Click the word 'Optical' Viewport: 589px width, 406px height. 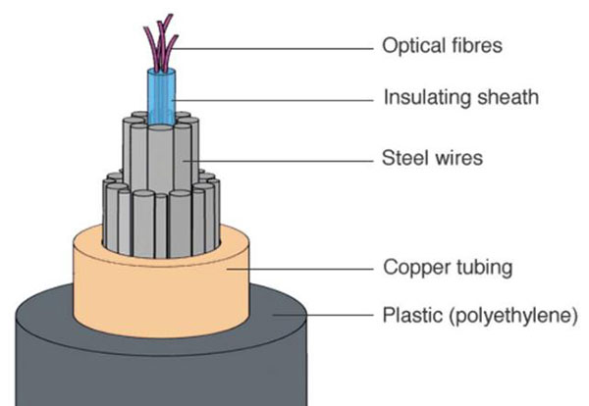click(407, 45)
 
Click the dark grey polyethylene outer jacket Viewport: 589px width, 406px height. click(147, 353)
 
